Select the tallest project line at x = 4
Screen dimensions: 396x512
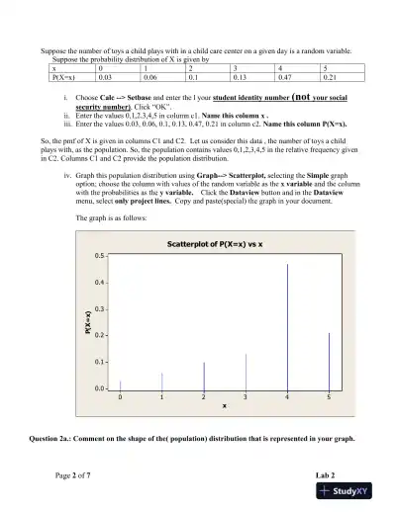tap(287, 326)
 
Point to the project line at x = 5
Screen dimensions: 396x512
tap(329, 362)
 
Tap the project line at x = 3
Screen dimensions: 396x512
tap(246, 372)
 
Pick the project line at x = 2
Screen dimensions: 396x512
tap(204, 376)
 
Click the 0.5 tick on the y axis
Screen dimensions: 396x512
tap(98, 256)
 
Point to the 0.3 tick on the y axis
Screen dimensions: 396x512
tap(98, 309)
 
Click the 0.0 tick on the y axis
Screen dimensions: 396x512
tap(98, 388)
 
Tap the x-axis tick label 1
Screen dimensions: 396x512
tap(161, 397)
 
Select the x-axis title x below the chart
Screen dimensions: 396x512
tap(224, 406)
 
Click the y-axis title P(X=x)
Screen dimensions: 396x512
tap(87, 322)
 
